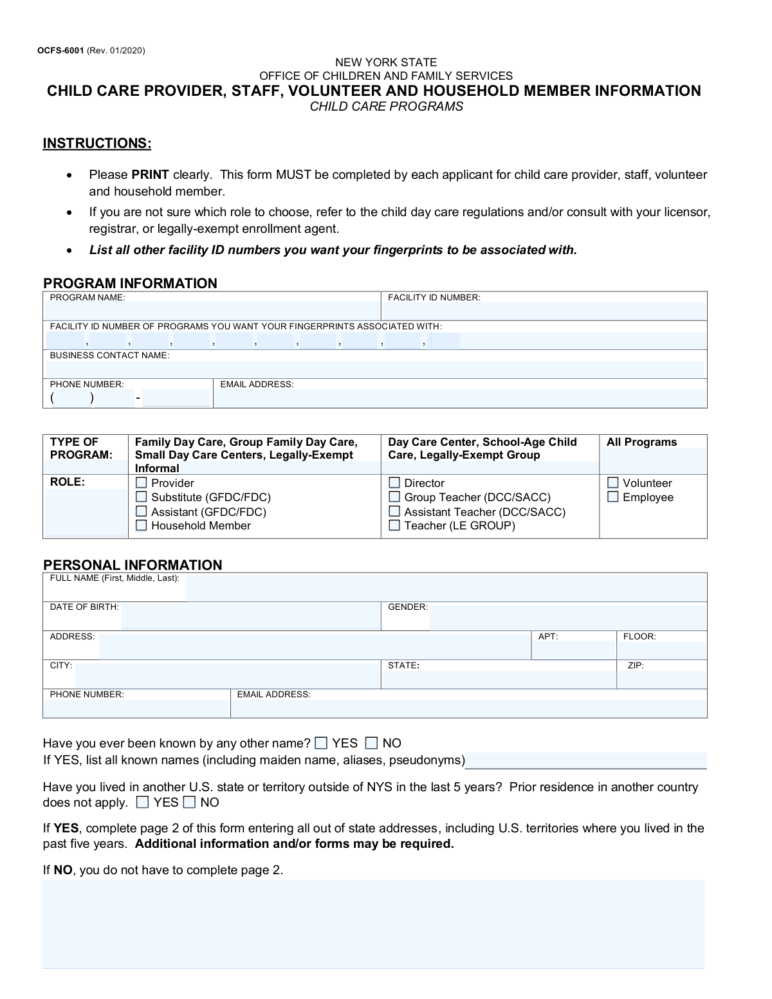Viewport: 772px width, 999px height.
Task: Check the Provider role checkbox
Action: [142, 483]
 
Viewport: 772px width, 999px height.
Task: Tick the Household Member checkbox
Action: [142, 526]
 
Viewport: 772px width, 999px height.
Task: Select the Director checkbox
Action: [394, 483]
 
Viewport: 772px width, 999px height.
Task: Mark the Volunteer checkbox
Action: [613, 483]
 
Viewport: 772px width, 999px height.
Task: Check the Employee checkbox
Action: [613, 497]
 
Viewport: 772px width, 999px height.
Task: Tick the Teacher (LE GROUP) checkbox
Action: [394, 526]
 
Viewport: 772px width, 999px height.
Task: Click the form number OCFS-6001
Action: [60, 51]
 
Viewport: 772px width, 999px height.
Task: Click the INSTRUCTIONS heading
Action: [97, 143]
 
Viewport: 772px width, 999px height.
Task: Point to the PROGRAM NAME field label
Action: [87, 298]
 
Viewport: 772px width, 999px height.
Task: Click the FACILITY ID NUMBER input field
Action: [544, 311]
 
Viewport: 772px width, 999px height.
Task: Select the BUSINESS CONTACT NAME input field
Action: [375, 369]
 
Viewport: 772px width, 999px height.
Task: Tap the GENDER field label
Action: [408, 607]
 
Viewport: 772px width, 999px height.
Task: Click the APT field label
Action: [548, 637]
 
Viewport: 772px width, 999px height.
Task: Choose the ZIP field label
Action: [636, 666]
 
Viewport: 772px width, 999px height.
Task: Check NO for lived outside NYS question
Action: [190, 802]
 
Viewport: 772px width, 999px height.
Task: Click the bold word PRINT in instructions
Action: [150, 175]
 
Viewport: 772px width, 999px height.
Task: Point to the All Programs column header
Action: [641, 443]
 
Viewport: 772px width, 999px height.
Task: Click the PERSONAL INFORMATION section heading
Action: [133, 565]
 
